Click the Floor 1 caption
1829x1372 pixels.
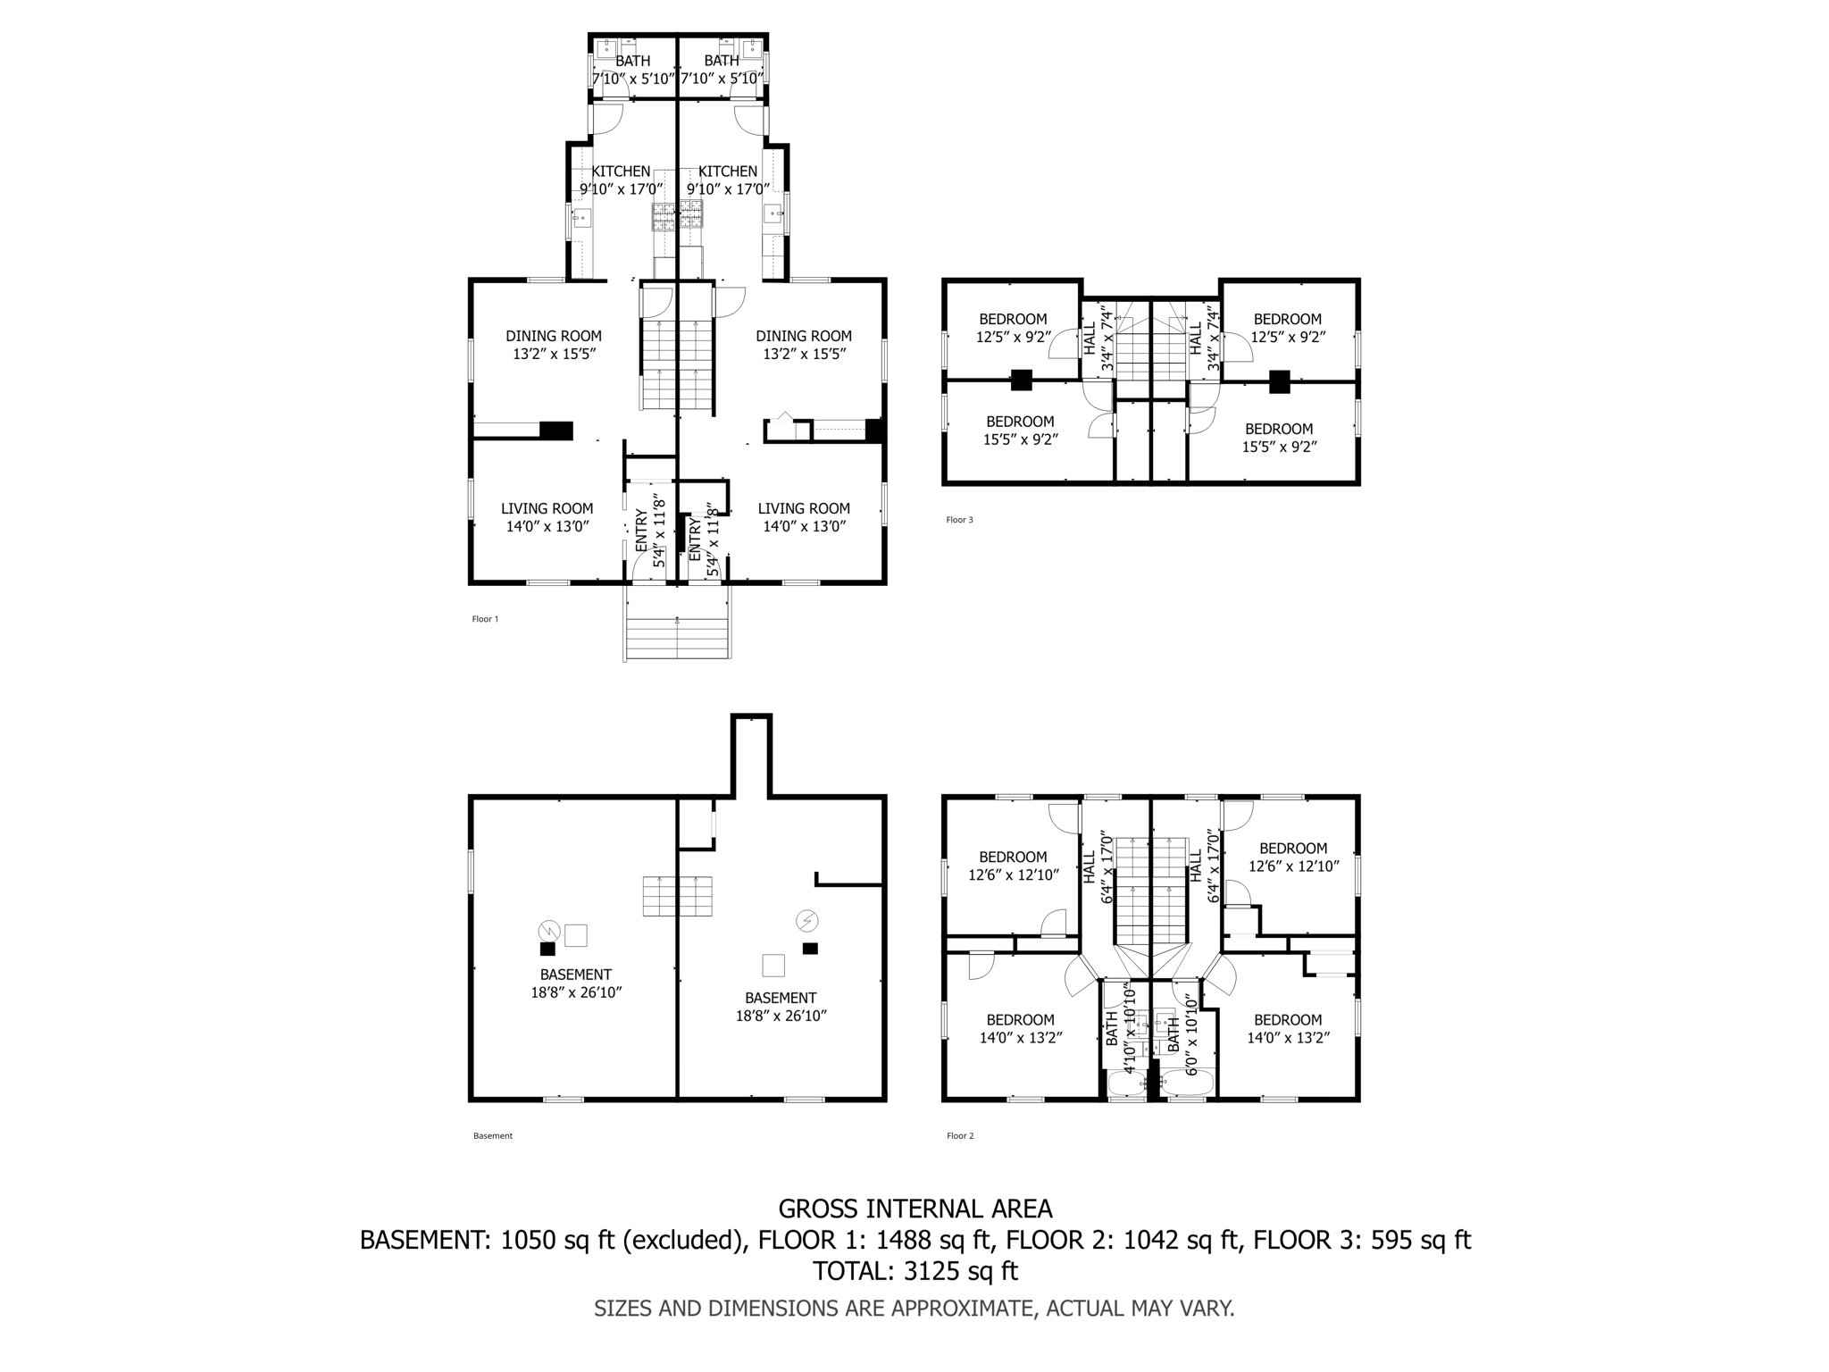point(485,619)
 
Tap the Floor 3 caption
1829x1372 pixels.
point(959,520)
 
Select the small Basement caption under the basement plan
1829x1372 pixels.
point(492,1136)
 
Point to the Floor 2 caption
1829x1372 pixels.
point(960,1136)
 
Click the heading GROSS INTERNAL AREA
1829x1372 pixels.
point(914,1209)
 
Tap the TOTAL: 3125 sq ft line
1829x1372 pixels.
point(914,1271)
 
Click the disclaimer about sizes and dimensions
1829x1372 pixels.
point(914,1309)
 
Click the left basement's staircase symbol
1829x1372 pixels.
point(677,896)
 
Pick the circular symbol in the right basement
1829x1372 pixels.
point(807,920)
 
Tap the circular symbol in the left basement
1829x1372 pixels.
point(548,931)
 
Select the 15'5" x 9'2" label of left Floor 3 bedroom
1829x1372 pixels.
point(1020,439)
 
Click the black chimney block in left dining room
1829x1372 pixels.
point(555,431)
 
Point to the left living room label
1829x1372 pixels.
point(547,517)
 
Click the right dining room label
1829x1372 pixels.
point(804,345)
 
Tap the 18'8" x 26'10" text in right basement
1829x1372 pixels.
point(781,1016)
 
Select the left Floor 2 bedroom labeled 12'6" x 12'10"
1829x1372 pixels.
point(1013,866)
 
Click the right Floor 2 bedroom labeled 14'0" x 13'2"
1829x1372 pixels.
point(1287,1029)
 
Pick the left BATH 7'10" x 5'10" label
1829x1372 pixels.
point(633,70)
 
